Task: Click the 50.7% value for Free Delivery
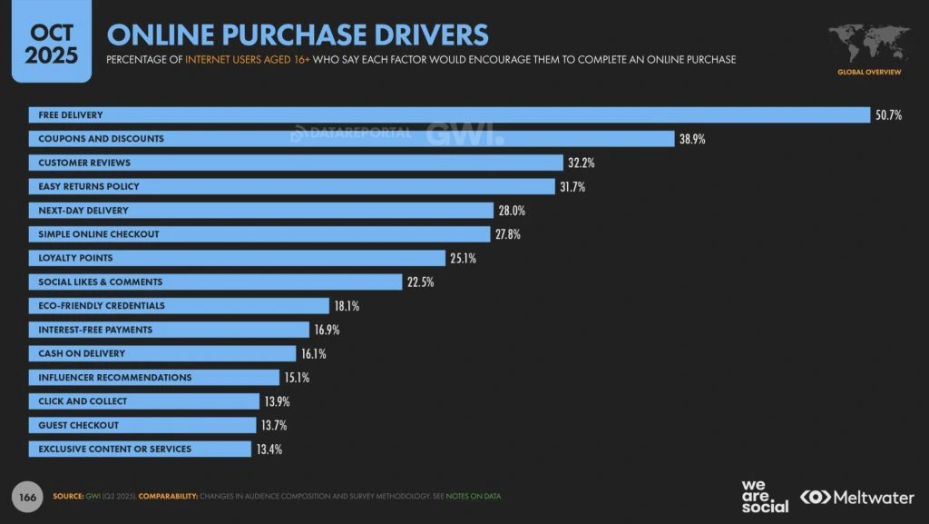tap(889, 115)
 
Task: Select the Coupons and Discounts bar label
tap(101, 139)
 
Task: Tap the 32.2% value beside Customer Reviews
tap(582, 163)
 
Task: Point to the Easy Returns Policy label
tap(89, 187)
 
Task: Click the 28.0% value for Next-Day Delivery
tap(511, 211)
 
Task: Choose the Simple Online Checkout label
tap(99, 234)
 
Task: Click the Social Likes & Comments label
tap(101, 282)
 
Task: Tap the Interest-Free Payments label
tap(95, 330)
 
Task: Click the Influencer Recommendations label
tap(115, 378)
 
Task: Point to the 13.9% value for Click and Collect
tap(277, 401)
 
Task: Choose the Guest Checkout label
tap(79, 425)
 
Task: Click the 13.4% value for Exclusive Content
tap(269, 450)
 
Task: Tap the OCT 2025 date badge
tap(51, 42)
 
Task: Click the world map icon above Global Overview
tap(868, 42)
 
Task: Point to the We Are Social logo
tap(764, 496)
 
